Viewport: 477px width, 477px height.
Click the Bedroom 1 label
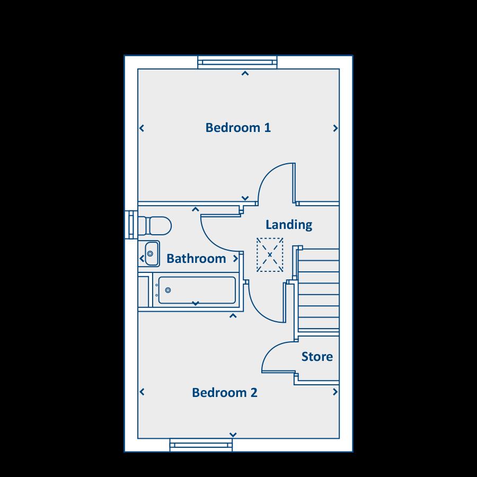238,128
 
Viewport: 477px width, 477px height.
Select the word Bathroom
196,259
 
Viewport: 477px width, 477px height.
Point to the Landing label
289,225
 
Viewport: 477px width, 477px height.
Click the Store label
317,357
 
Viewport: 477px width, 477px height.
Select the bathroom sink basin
151,253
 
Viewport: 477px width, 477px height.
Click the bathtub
196,290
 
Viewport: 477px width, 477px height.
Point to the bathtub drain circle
168,290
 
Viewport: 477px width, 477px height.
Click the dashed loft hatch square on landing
270,255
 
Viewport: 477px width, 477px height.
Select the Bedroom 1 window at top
237,63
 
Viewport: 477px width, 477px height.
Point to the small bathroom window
130,225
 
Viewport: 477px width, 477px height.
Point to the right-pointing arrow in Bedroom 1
335,128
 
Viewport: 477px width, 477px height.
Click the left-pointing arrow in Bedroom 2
142,392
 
